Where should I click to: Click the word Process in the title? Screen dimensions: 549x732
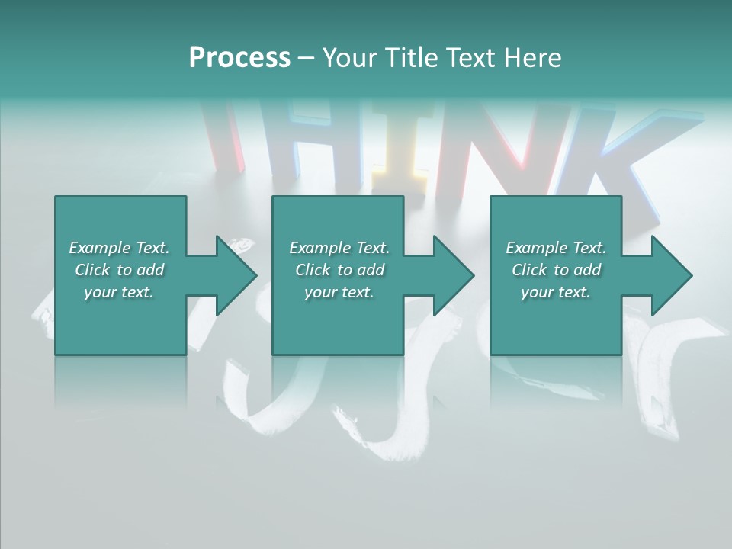pos(239,58)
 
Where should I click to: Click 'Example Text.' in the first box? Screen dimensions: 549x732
pos(119,248)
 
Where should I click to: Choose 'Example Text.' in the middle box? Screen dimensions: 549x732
pos(339,248)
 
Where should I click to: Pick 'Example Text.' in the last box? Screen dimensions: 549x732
pos(556,248)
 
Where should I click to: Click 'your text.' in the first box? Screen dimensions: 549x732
pos(119,292)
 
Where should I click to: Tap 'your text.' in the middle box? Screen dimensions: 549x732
pos(339,292)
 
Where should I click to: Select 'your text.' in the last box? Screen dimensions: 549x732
pos(556,292)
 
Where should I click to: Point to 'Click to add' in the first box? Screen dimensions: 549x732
pos(119,270)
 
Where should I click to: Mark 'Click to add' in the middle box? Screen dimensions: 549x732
pos(339,270)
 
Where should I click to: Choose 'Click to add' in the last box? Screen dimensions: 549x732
pos(556,270)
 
